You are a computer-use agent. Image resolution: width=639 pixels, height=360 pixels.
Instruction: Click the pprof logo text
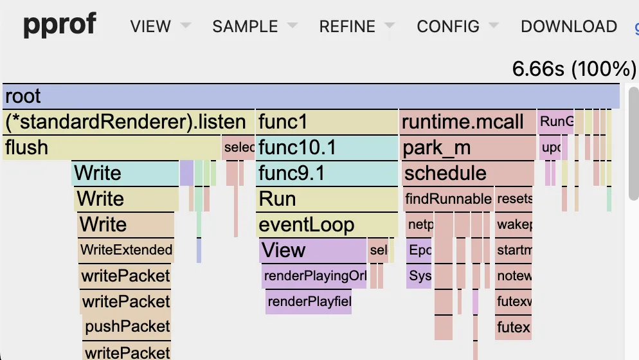click(x=60, y=25)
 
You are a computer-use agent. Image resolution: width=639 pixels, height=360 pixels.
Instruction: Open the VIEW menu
click(x=150, y=26)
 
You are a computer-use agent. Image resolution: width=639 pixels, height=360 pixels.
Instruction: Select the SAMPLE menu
click(x=245, y=26)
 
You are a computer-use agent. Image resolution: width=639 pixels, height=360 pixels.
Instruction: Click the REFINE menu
click(x=347, y=26)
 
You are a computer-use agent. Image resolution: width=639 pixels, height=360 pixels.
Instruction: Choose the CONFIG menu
click(x=448, y=26)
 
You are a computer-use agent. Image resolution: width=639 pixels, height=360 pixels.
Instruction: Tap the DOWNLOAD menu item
click(x=568, y=26)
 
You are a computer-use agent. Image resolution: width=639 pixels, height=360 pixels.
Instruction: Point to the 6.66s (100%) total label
click(x=573, y=69)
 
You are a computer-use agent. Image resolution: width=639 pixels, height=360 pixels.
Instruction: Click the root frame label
click(x=23, y=96)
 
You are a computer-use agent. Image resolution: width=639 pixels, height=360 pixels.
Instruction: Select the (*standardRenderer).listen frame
click(x=125, y=122)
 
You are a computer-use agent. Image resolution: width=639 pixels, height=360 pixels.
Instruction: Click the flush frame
click(x=27, y=148)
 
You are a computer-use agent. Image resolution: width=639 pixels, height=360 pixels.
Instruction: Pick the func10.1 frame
click(x=297, y=148)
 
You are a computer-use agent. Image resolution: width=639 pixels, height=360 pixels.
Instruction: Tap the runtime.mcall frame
click(x=463, y=122)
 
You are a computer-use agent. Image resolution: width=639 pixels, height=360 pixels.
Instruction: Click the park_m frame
click(x=437, y=148)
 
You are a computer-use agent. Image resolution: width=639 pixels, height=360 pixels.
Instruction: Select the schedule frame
click(x=445, y=174)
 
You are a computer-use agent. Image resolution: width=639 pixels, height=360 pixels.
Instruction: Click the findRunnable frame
click(x=448, y=199)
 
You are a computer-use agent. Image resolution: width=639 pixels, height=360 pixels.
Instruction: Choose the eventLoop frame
click(x=306, y=224)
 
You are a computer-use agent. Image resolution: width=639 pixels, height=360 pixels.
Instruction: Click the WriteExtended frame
click(x=126, y=250)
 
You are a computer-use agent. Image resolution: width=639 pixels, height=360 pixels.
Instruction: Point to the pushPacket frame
click(x=127, y=327)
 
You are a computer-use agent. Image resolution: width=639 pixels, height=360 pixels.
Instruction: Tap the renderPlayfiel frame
click(x=309, y=301)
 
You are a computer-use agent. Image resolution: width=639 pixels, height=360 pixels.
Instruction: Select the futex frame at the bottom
click(x=513, y=327)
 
